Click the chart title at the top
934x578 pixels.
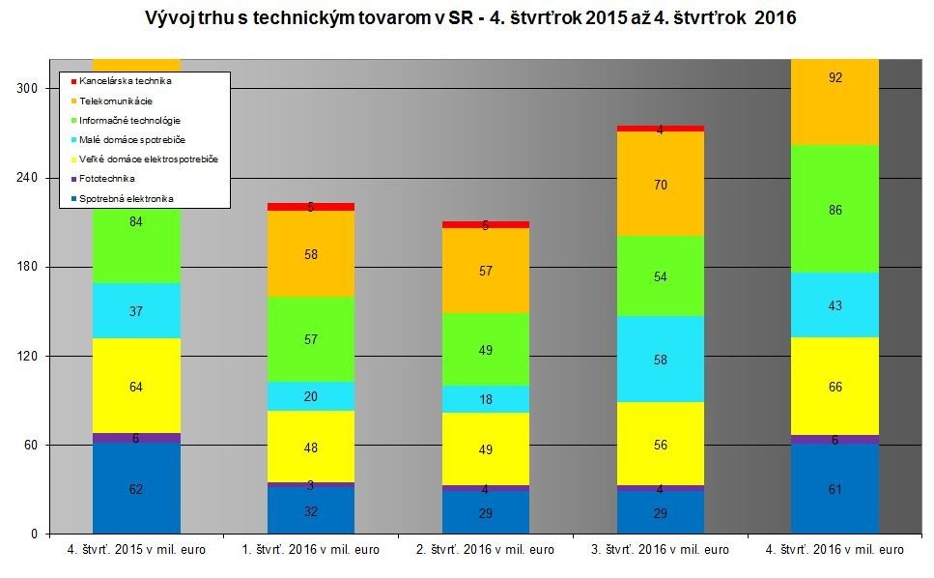(x=469, y=19)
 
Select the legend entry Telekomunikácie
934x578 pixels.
(x=115, y=101)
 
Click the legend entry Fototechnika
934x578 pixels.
(x=106, y=179)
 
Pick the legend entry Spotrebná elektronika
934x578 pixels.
(x=127, y=199)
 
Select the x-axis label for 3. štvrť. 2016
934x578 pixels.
(x=660, y=550)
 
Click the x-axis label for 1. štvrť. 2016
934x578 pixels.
(x=310, y=550)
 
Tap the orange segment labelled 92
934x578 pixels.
(x=835, y=101)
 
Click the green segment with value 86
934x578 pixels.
(x=835, y=209)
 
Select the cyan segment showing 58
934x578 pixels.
(x=660, y=359)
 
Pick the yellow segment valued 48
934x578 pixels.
(x=310, y=447)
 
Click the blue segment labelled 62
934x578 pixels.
(x=136, y=488)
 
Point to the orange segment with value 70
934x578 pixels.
(x=660, y=184)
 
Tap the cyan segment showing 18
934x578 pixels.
(x=485, y=399)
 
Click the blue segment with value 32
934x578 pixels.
(x=310, y=510)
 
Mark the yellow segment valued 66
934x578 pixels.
(x=835, y=387)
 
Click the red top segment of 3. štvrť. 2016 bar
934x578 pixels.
(x=660, y=128)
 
